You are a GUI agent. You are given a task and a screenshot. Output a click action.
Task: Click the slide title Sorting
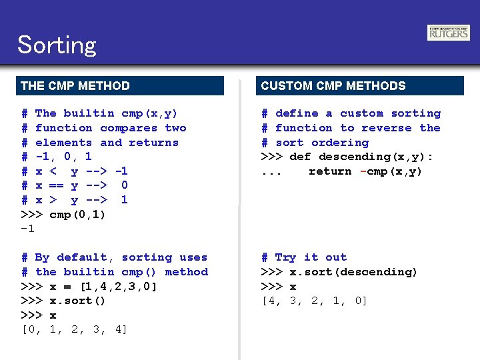click(x=57, y=45)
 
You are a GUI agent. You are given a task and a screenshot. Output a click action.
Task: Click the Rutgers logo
click(x=448, y=33)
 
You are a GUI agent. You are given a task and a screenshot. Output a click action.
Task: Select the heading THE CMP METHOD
click(x=75, y=85)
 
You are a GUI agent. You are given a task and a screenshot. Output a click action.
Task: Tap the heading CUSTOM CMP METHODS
click(x=333, y=85)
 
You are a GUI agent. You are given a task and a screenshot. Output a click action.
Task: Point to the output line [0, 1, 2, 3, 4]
click(x=74, y=329)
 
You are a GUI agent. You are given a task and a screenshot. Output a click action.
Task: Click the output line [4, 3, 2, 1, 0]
click(x=314, y=301)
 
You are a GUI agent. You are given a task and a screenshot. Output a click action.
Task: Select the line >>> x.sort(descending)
click(x=339, y=272)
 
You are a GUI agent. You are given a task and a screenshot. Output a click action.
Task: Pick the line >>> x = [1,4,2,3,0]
click(x=89, y=287)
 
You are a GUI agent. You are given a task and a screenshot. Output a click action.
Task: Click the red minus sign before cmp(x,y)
click(x=363, y=171)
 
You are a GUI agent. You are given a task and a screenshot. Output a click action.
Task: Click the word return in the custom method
click(x=330, y=171)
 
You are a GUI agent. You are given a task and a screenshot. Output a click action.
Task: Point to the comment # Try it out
click(x=304, y=257)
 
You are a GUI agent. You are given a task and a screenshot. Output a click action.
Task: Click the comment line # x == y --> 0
click(x=74, y=185)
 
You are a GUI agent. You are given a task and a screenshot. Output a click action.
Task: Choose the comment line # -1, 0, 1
click(x=57, y=157)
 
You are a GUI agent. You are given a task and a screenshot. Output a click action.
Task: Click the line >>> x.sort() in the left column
click(x=64, y=301)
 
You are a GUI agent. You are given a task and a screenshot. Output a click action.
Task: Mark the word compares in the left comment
click(x=129, y=128)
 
